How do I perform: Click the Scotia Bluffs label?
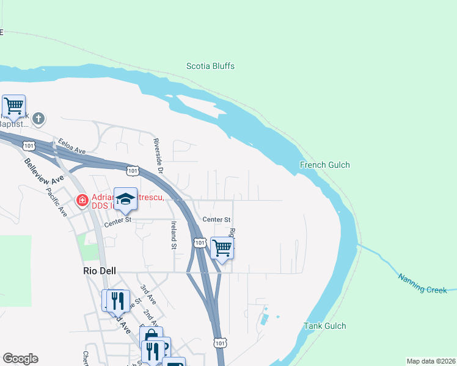pyautogui.click(x=210, y=66)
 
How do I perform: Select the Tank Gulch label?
pyautogui.click(x=324, y=326)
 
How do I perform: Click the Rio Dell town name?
pyautogui.click(x=100, y=271)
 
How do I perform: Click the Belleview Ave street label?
pyautogui.click(x=45, y=172)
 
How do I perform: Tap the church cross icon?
pyautogui.click(x=38, y=118)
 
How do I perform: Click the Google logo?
pyautogui.click(x=20, y=359)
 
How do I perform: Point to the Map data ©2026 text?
pyautogui.click(x=431, y=361)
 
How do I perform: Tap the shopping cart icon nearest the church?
pyautogui.click(x=13, y=106)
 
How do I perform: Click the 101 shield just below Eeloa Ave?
pyautogui.click(x=29, y=145)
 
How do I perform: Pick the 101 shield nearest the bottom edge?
pyautogui.click(x=221, y=343)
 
